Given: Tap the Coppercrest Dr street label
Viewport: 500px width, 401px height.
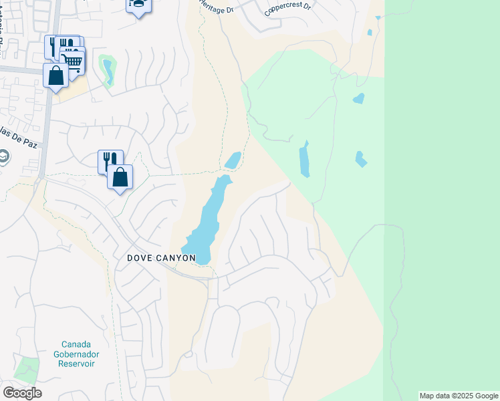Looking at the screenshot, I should [x=287, y=8].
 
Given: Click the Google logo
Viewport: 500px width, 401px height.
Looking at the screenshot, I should [x=22, y=393].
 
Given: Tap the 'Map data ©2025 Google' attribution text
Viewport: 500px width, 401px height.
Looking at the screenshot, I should [x=459, y=396].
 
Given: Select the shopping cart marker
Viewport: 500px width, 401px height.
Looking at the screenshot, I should [x=73, y=61].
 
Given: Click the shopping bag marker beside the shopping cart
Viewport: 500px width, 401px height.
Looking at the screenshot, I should [x=56, y=75].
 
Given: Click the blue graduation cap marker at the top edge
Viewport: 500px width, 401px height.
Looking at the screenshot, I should [x=138, y=5].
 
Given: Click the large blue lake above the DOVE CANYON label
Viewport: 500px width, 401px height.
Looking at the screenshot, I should [x=209, y=221].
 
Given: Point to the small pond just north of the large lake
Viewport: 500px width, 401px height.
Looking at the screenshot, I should [x=233, y=160].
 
